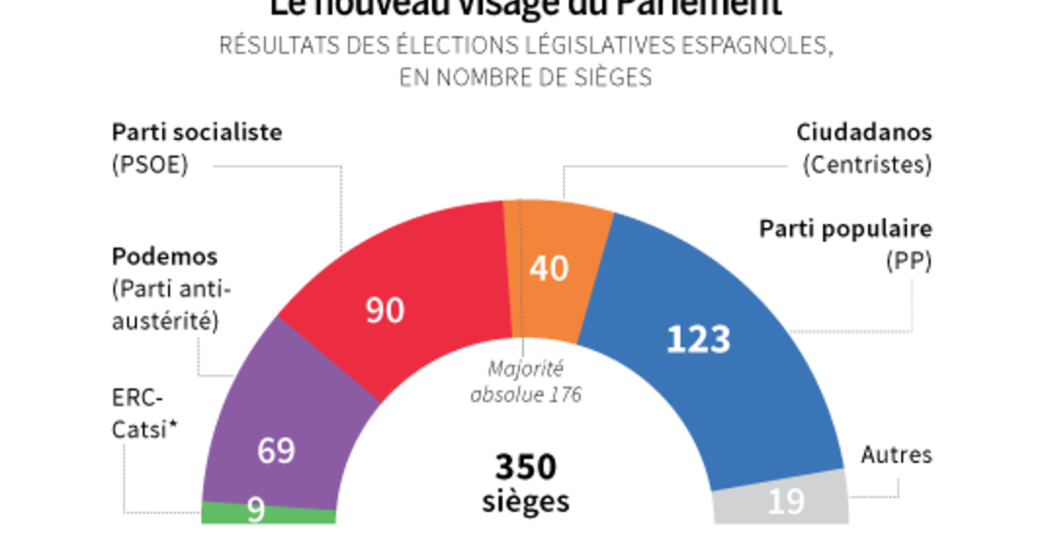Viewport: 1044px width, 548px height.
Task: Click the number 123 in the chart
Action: click(698, 340)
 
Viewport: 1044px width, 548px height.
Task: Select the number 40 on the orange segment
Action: click(547, 268)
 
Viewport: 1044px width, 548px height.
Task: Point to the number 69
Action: click(277, 451)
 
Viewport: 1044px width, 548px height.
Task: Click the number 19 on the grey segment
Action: click(786, 502)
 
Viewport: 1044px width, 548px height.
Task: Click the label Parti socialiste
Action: click(196, 132)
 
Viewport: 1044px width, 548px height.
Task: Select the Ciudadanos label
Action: click(863, 132)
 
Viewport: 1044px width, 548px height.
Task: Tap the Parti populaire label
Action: click(846, 229)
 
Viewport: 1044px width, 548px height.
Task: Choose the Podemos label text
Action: click(164, 256)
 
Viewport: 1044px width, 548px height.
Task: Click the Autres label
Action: click(896, 455)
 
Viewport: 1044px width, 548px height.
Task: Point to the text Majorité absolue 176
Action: click(526, 383)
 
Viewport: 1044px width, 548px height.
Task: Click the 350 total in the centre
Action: click(526, 467)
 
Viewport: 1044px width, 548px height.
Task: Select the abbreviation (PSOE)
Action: click(150, 164)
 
